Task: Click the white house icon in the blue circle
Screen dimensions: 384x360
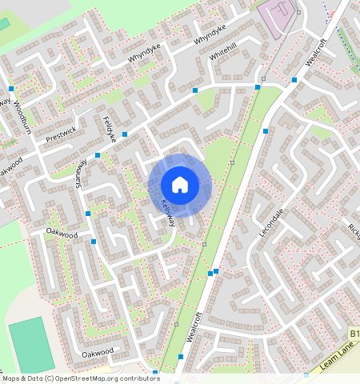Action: coord(180,185)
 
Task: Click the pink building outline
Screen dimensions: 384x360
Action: coord(279,18)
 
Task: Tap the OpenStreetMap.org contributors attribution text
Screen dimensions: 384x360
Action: coord(104,378)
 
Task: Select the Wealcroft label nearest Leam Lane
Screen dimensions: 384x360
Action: coord(194,326)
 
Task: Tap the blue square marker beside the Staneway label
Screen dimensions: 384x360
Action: coord(98,155)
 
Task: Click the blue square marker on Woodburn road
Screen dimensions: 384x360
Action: coord(11,88)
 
